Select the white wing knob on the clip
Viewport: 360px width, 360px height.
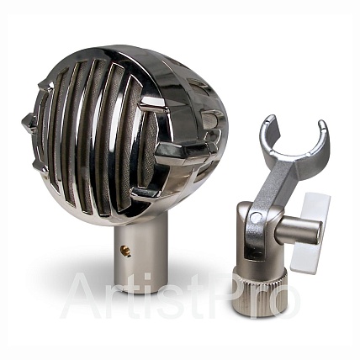(310, 232)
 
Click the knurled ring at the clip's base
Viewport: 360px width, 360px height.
(260, 294)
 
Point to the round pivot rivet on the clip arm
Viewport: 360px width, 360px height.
(255, 216)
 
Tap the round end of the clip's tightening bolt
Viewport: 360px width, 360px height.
(318, 233)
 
